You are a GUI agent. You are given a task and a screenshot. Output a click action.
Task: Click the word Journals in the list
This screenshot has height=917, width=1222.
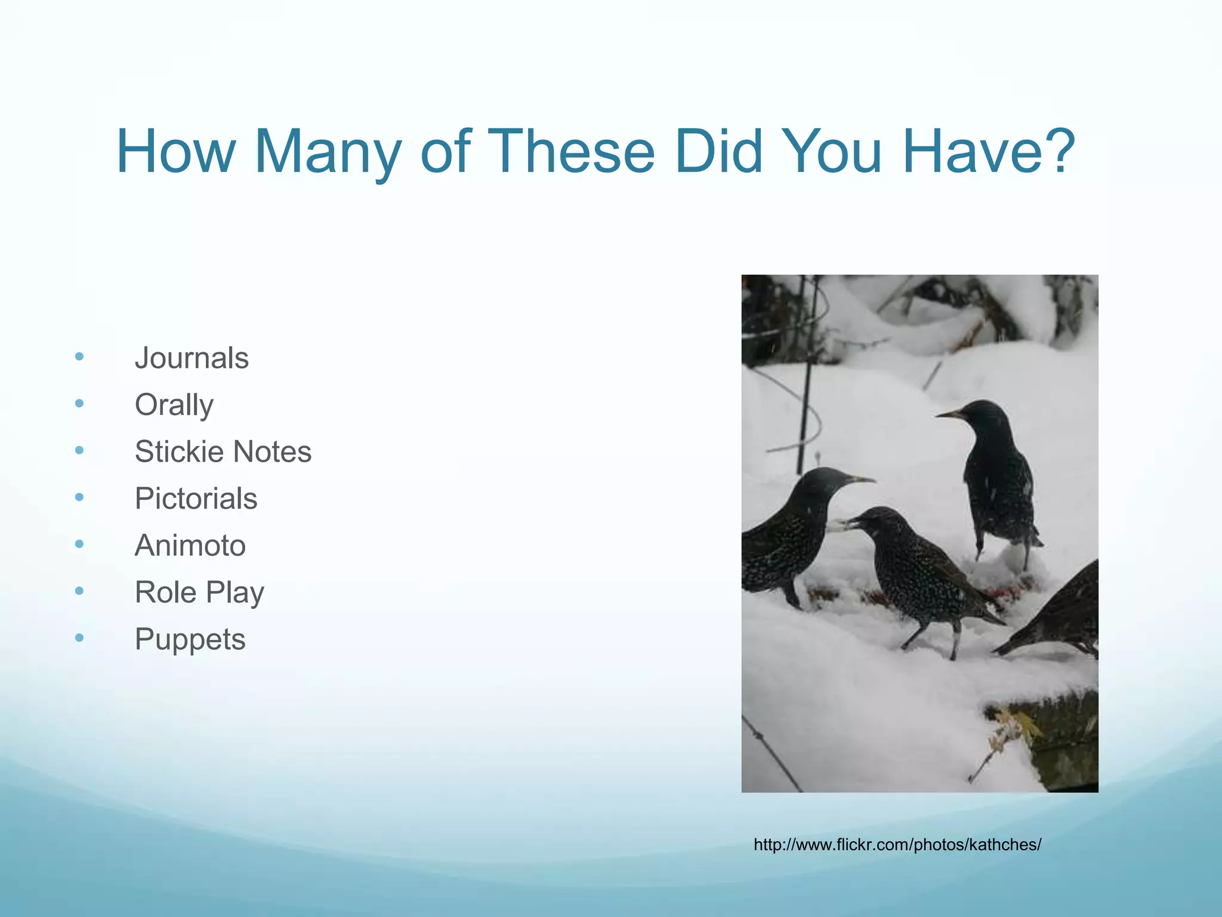point(192,358)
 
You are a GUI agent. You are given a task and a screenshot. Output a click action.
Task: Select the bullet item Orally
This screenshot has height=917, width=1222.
point(174,405)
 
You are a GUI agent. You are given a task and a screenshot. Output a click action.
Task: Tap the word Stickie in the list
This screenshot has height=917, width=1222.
point(174,452)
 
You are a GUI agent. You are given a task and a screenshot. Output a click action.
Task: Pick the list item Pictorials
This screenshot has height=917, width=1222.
point(196,498)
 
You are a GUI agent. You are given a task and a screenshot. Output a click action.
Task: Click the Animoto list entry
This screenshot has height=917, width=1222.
point(190,546)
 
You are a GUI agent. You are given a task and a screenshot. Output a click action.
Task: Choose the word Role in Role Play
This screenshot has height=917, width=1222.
point(165,592)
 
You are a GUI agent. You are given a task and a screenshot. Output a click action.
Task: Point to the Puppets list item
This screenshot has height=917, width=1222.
point(190,639)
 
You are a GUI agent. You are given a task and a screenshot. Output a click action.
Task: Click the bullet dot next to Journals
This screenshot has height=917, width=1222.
point(79,357)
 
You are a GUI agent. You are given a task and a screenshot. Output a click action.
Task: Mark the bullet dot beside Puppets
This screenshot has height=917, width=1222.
point(79,638)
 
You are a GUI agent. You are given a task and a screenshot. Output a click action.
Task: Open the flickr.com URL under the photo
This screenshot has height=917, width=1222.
point(897,845)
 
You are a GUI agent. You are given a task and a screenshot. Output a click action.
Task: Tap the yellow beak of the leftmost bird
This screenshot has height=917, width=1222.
point(861,479)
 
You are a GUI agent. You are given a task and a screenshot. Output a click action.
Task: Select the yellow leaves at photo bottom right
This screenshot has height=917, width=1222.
point(1014,725)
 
